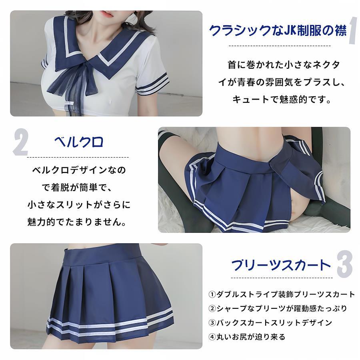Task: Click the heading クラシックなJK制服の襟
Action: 278,30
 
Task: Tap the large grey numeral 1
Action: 353,31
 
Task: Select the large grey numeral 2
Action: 20,143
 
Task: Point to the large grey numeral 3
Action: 345,264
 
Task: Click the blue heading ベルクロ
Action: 78,142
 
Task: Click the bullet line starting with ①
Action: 282,294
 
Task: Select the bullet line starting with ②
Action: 278,308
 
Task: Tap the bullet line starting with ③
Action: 270,322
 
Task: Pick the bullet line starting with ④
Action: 247,337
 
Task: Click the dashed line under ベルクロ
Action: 78,158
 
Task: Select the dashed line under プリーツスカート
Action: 282,278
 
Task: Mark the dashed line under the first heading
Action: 280,46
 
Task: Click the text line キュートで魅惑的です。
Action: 282,100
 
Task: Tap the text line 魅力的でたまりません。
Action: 77,222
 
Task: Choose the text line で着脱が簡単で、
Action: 77,188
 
